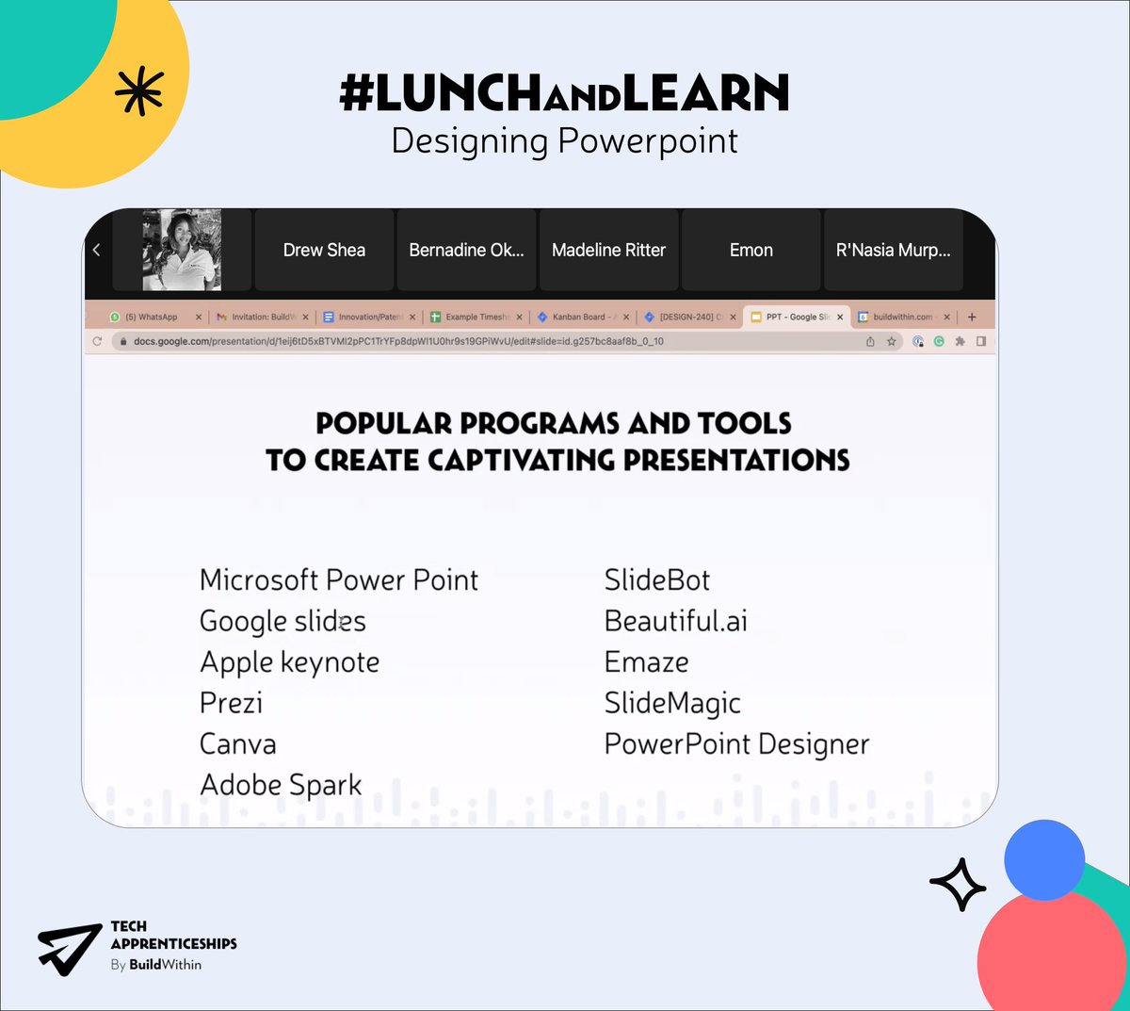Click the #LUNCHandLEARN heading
(564, 93)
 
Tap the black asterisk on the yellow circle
(138, 92)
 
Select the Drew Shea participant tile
(324, 250)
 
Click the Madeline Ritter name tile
(608, 250)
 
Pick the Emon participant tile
(751, 250)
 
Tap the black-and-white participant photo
(182, 250)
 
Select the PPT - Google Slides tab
(796, 318)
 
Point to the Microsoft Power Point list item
(339, 579)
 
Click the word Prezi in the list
(231, 703)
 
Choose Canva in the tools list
(238, 744)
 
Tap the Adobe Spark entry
(281, 785)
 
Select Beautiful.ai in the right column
(675, 621)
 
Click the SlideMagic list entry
(672, 703)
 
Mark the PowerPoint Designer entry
(736, 744)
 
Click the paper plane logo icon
(69, 947)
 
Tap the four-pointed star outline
(958, 884)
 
